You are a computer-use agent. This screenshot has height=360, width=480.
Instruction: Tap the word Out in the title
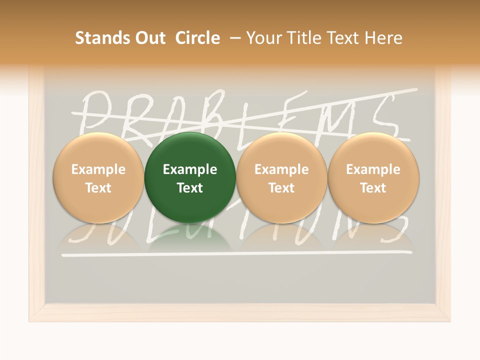pos(149,38)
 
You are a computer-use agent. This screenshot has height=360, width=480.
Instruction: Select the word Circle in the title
pos(197,38)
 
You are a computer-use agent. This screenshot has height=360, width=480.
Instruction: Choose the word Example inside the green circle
pos(190,169)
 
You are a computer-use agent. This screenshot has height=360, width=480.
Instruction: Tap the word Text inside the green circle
pos(190,188)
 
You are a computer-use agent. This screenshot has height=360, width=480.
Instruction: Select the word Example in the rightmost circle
pos(373,169)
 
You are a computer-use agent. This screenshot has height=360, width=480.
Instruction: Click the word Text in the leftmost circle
pos(98,188)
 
